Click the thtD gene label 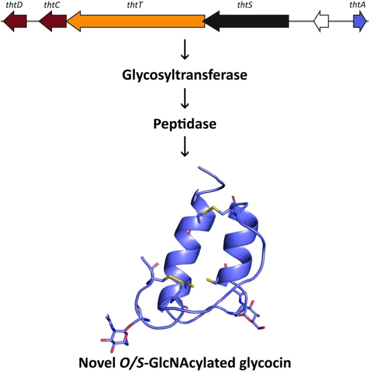pos(14,5)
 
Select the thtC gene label pos(52,5)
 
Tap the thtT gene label pos(134,5)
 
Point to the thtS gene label pos(245,5)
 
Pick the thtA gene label pos(357,5)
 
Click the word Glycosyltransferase pos(185,75)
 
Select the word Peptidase pos(185,124)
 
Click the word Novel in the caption pos(97,363)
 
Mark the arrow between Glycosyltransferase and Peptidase pos(185,99)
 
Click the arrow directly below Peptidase pos(185,147)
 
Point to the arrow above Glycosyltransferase pos(185,49)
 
